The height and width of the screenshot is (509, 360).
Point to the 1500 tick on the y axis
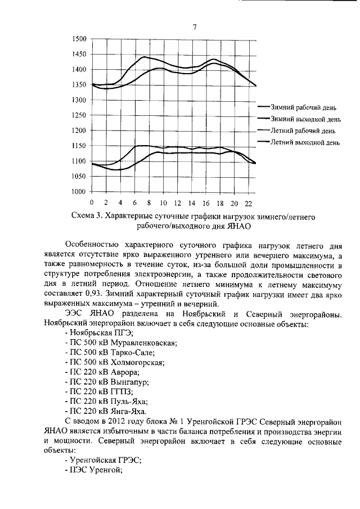point(79,39)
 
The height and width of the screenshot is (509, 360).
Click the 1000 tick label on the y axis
point(79,192)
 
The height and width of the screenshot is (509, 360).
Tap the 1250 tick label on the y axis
point(79,115)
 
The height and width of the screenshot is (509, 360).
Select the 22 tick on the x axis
point(248,202)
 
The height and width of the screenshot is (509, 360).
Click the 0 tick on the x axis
point(92,202)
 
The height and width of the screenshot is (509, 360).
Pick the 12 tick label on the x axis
point(177,202)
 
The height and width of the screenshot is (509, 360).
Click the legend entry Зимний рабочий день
point(304,106)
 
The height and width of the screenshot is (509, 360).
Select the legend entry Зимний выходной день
point(305,118)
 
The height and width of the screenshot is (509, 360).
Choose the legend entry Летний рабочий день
point(303,130)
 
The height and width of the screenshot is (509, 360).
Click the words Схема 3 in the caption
point(88,216)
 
